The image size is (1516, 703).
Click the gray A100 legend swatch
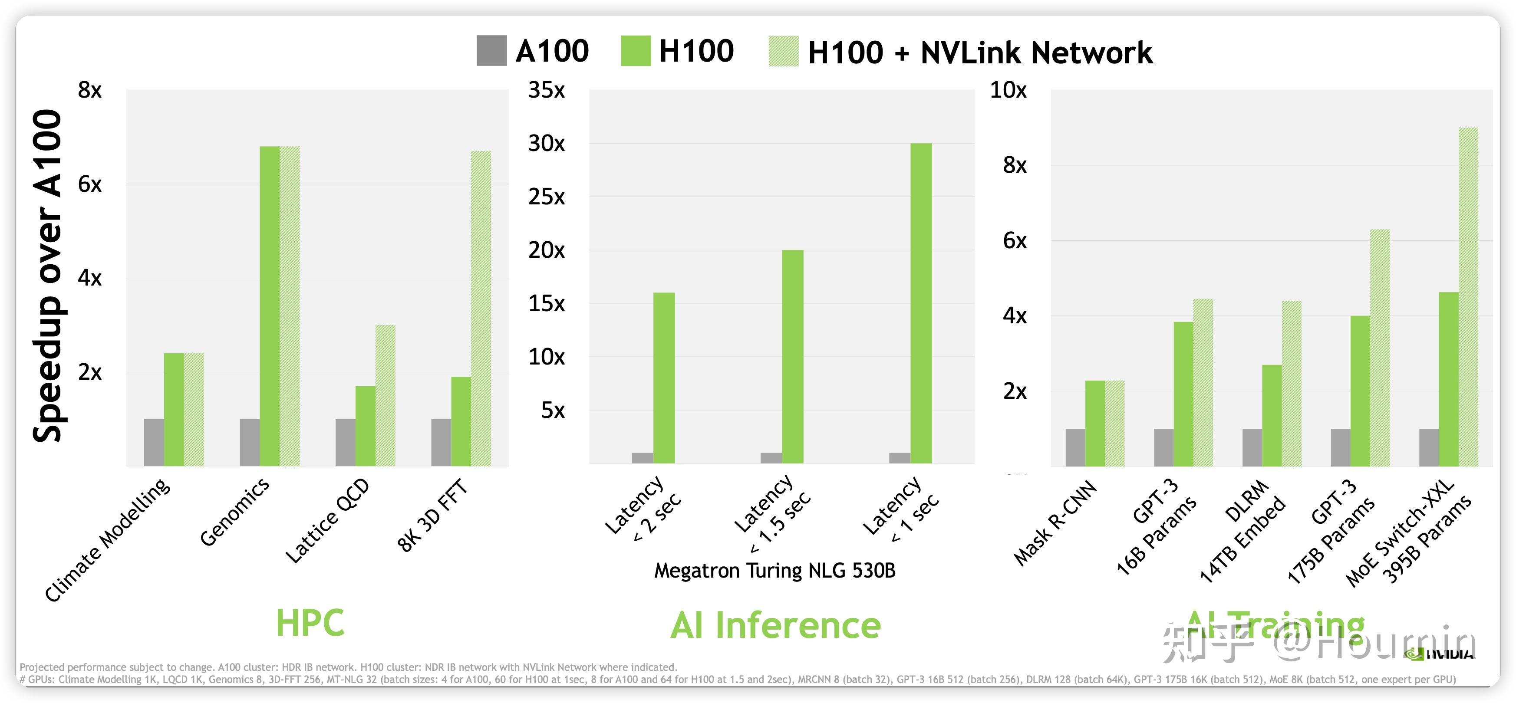coord(491,51)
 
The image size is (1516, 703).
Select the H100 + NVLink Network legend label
coord(980,53)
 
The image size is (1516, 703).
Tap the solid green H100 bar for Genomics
coord(270,306)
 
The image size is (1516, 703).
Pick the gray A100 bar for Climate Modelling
coord(154,442)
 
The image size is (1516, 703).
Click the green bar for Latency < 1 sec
coord(921,303)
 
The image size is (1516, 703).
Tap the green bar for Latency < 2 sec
coord(664,378)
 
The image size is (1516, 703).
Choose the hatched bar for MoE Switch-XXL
coord(1468,297)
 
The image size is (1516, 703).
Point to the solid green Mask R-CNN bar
coord(1094,424)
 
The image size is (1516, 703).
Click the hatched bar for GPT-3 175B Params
coord(1380,348)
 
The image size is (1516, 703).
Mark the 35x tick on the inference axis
coord(546,90)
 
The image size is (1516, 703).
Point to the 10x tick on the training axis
coord(1008,90)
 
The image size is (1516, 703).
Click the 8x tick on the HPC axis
coord(89,90)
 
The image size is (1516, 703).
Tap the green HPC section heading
coord(310,622)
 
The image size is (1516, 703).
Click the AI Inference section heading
coord(776,625)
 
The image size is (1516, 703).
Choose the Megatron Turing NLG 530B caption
coord(774,571)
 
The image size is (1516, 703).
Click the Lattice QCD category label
coord(327,521)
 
